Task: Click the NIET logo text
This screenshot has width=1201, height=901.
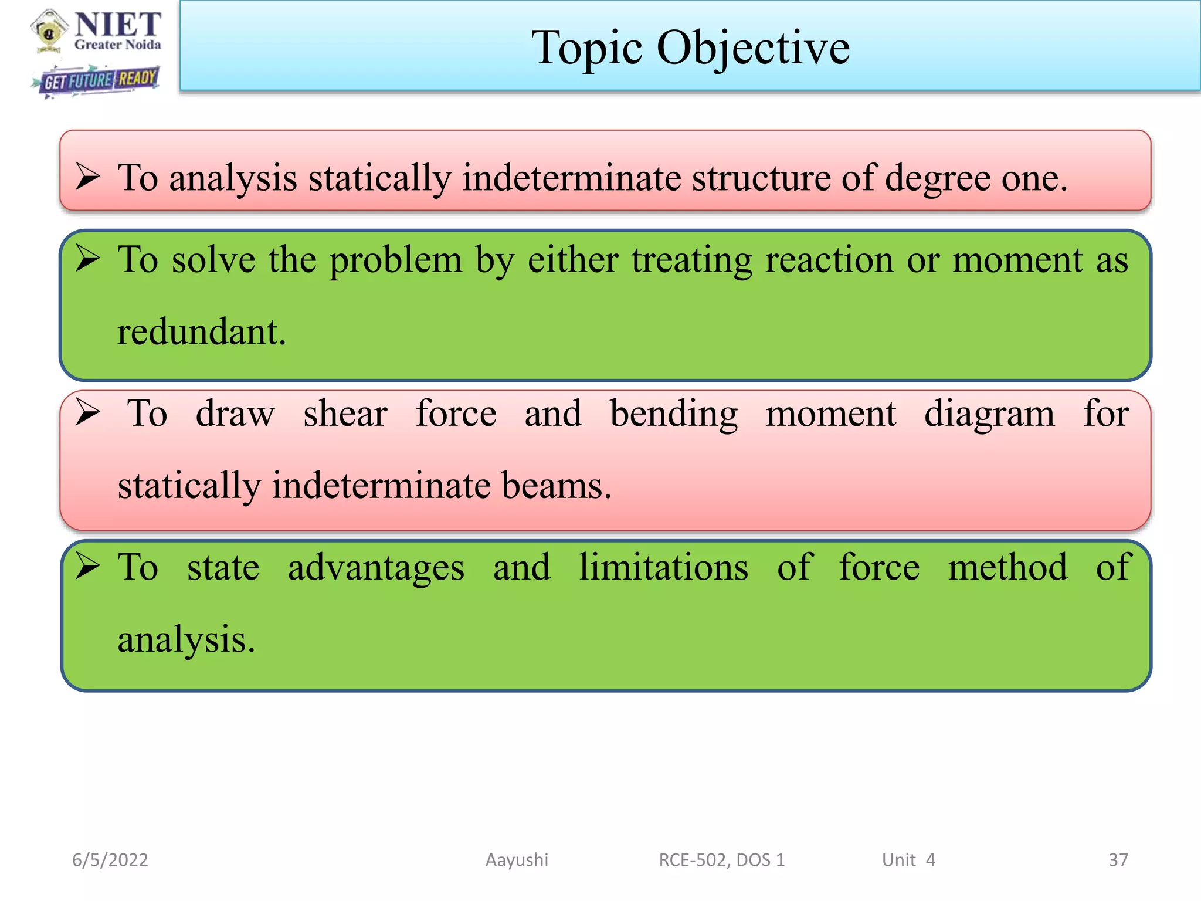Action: (117, 25)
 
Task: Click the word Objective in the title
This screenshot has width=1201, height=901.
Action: (753, 48)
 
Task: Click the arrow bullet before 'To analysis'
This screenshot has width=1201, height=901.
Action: (88, 177)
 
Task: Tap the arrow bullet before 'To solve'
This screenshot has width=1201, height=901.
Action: (88, 259)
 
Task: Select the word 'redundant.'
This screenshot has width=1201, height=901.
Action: (201, 332)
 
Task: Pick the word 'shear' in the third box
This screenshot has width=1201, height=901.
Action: (345, 414)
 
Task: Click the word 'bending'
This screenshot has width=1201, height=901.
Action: (673, 414)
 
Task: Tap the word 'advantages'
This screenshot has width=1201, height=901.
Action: (376, 568)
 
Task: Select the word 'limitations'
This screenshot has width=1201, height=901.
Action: (663, 567)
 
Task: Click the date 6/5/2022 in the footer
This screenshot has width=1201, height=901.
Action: (110, 860)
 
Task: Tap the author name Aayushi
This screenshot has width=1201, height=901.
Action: (517, 860)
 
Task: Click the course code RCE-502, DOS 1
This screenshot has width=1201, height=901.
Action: (721, 860)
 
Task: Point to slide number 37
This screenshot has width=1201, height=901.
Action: (1118, 860)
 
